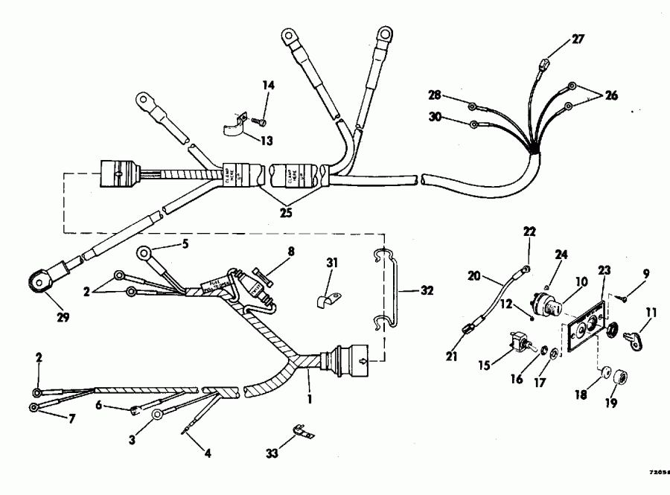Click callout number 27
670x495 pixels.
coord(578,39)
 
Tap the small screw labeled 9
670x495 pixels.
coord(624,296)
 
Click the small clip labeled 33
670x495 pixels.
coord(301,432)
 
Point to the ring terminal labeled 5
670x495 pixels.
coord(144,256)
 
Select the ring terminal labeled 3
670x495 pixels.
coord(158,415)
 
